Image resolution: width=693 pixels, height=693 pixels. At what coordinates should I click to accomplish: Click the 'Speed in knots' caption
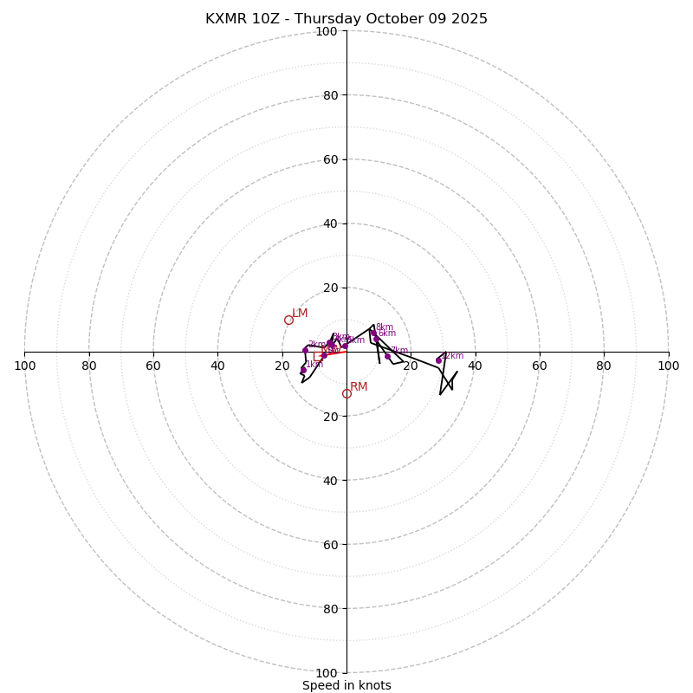(x=346, y=685)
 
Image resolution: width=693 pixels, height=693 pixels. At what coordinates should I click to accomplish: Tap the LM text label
(x=300, y=314)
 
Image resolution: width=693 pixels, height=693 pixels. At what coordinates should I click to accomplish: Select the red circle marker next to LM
(x=288, y=320)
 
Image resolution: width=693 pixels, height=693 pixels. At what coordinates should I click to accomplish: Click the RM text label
(x=359, y=387)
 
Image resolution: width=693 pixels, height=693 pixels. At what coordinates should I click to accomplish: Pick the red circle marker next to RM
(x=346, y=393)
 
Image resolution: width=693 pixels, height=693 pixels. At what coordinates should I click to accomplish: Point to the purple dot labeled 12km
(x=438, y=360)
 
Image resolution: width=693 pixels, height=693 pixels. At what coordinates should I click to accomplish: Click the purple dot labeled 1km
(x=303, y=370)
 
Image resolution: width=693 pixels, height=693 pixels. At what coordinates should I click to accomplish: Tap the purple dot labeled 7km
(x=387, y=356)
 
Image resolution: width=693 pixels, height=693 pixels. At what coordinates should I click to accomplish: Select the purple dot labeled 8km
(x=373, y=333)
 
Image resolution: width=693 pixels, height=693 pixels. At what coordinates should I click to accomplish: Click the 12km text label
(x=453, y=356)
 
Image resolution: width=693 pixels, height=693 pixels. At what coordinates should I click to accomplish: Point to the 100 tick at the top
(x=327, y=31)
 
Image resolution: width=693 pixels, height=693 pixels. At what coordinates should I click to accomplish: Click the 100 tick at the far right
(x=669, y=366)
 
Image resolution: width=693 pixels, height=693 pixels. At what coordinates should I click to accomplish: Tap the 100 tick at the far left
(x=24, y=366)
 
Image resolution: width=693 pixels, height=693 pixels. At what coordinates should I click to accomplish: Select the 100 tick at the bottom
(x=327, y=672)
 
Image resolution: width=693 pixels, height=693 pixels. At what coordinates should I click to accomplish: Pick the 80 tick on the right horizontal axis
(x=604, y=366)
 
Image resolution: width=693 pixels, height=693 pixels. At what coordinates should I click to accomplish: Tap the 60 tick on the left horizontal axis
(x=153, y=366)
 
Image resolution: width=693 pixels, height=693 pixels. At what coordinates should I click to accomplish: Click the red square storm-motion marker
(x=318, y=356)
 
